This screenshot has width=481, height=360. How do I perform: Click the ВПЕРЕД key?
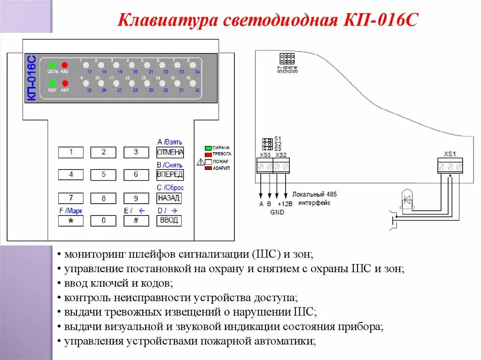tap(170, 175)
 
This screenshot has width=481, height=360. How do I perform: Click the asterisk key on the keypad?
tap(71, 221)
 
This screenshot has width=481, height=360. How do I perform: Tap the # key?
tap(136, 221)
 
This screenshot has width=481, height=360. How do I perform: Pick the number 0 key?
tap(103, 221)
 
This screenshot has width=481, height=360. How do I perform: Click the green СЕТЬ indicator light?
tap(52, 65)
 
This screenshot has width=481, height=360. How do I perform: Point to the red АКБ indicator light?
tap(64, 65)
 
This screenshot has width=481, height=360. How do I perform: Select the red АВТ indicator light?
tap(64, 84)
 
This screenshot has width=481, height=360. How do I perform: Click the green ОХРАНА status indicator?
tap(208, 148)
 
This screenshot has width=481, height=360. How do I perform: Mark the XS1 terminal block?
tap(450, 166)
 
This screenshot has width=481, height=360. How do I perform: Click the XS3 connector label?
tap(265, 155)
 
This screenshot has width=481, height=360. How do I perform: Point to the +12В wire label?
tap(285, 204)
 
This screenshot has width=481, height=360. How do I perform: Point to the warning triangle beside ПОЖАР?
tap(201, 162)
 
